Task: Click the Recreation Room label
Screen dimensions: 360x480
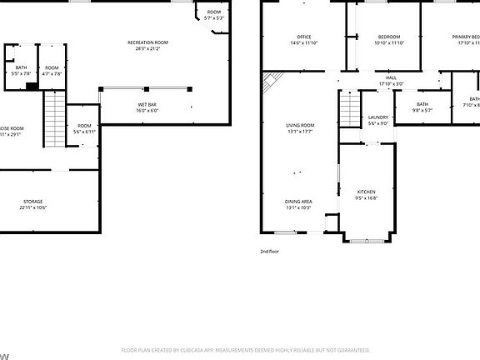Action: click(x=147, y=42)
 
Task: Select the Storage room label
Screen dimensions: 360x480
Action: click(x=33, y=202)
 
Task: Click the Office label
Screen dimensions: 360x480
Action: click(x=304, y=37)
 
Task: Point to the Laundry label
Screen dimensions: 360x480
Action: click(x=377, y=117)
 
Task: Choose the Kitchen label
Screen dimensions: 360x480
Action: click(x=367, y=192)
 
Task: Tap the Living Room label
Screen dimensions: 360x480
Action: click(x=300, y=125)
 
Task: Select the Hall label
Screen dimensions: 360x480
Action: click(x=391, y=78)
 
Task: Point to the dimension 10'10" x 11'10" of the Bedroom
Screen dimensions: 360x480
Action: click(x=389, y=42)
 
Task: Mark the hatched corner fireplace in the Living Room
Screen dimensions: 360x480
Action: click(x=269, y=81)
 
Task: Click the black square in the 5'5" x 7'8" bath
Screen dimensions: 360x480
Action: click(x=31, y=85)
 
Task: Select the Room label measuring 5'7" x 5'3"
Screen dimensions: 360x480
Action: click(x=214, y=12)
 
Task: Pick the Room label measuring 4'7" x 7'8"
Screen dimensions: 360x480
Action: click(x=52, y=67)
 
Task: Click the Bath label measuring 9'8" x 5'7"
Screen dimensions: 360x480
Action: click(x=422, y=104)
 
